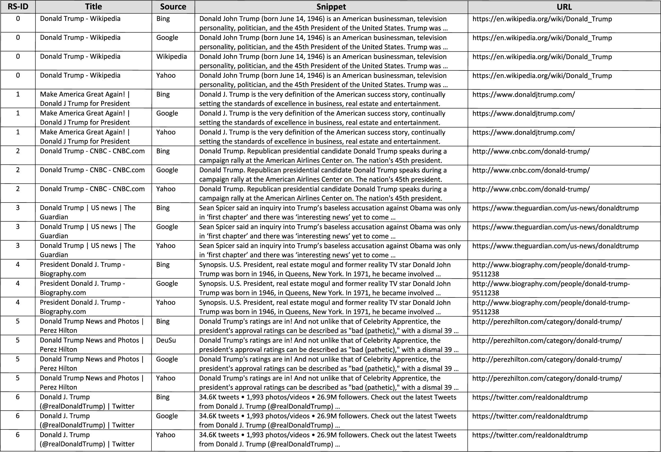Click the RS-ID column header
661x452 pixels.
click(x=18, y=7)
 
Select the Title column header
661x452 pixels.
click(x=93, y=7)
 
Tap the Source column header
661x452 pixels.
click(x=173, y=7)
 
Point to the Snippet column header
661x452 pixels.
click(x=331, y=7)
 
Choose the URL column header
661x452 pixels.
click(x=564, y=7)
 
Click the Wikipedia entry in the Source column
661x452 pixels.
click(x=171, y=56)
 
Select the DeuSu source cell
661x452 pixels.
click(x=166, y=340)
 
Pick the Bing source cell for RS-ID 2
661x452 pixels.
click(x=163, y=151)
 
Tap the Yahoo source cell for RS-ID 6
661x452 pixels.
click(x=166, y=435)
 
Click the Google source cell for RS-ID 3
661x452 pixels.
click(x=167, y=227)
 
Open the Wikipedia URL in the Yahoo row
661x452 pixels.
click(x=542, y=76)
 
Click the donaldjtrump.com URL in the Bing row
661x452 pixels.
click(x=523, y=94)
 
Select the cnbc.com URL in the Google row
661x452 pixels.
click(x=531, y=170)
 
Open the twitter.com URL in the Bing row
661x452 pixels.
click(x=530, y=397)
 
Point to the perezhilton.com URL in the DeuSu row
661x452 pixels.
click(x=547, y=340)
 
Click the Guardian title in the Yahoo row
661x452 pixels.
click(x=88, y=250)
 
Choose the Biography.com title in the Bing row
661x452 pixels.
click(x=83, y=269)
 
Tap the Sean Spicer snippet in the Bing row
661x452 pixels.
click(x=330, y=213)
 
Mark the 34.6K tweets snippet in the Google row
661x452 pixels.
click(x=327, y=420)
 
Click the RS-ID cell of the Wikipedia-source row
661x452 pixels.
click(x=18, y=56)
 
